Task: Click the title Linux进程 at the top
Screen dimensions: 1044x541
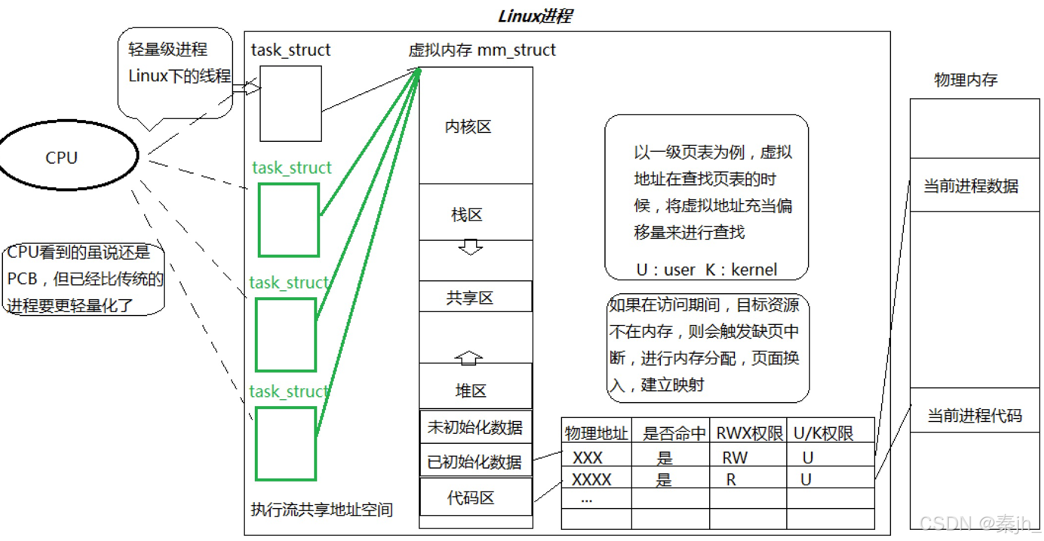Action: pyautogui.click(x=535, y=15)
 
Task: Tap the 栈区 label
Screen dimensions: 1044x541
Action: pyautogui.click(x=467, y=215)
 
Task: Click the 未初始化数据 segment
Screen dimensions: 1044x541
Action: pyautogui.click(x=476, y=427)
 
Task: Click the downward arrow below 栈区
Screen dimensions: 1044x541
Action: pyautogui.click(x=470, y=247)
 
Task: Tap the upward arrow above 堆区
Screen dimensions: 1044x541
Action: pyautogui.click(x=468, y=357)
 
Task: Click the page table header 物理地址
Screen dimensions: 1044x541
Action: pyautogui.click(x=596, y=433)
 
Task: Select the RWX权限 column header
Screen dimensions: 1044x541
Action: pyautogui.click(x=749, y=433)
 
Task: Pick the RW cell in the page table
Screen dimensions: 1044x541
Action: pyautogui.click(x=734, y=457)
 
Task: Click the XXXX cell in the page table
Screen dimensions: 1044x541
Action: pyautogui.click(x=591, y=480)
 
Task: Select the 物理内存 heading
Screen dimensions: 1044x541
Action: pyautogui.click(x=966, y=79)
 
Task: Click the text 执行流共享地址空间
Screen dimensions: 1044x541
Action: pyautogui.click(x=321, y=509)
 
